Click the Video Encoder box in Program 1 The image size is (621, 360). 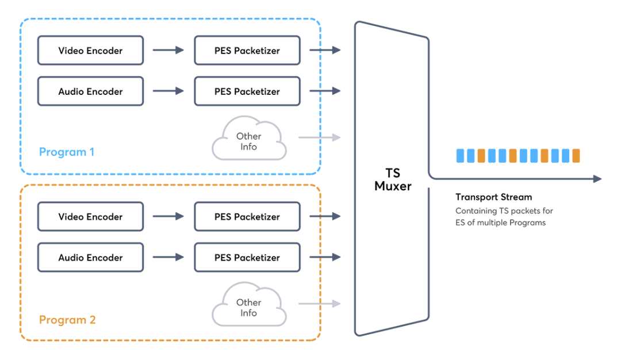click(90, 51)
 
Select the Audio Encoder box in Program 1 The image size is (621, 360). click(90, 91)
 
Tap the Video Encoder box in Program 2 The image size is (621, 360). click(90, 217)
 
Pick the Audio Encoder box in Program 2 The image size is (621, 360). click(90, 258)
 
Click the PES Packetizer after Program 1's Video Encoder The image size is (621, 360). click(247, 51)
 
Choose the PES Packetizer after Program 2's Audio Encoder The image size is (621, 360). click(247, 258)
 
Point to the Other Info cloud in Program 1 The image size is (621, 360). click(249, 141)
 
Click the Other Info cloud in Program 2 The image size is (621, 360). click(249, 307)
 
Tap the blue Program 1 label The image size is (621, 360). click(67, 152)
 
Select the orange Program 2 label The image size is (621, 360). click(67, 320)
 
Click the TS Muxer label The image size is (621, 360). click(393, 179)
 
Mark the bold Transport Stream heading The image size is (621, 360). click(493, 197)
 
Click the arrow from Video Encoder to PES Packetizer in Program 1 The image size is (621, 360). click(168, 51)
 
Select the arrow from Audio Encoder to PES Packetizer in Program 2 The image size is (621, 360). click(168, 258)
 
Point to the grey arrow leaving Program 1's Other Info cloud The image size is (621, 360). click(319, 137)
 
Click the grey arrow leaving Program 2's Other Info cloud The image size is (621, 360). click(319, 304)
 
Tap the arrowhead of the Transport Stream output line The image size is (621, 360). click(597, 179)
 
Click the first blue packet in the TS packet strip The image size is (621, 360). click(460, 155)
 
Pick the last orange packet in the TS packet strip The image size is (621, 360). click(576, 155)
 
